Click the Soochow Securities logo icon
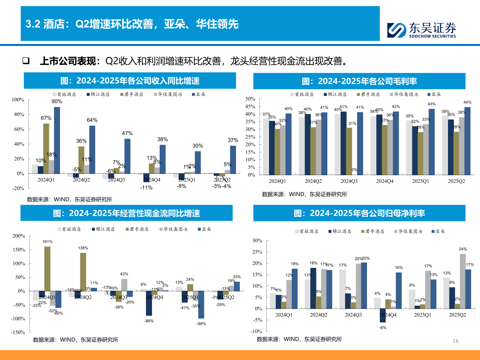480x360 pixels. tap(397, 30)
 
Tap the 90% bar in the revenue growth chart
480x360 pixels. tap(57, 140)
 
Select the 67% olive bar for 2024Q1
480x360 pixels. tap(46, 148)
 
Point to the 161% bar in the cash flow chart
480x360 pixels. tap(47, 269)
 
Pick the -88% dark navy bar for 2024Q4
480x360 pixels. tap(149, 303)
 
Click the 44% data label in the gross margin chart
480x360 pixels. tap(467, 102)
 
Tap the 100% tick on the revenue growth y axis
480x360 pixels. tap(18, 100)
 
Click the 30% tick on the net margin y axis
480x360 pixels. tap(257, 241)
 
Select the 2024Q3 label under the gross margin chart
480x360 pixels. tap(349, 181)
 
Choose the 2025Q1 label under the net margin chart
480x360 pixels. tap(422, 315)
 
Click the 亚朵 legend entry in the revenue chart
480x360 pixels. tap(199, 94)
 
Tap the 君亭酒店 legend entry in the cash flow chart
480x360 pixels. tap(137, 229)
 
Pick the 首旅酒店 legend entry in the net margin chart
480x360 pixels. tap(307, 231)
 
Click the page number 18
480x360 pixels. tap(455, 341)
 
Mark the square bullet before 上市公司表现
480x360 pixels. tap(26, 61)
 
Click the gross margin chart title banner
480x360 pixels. tap(359, 81)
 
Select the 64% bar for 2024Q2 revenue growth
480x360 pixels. tap(92, 149)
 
